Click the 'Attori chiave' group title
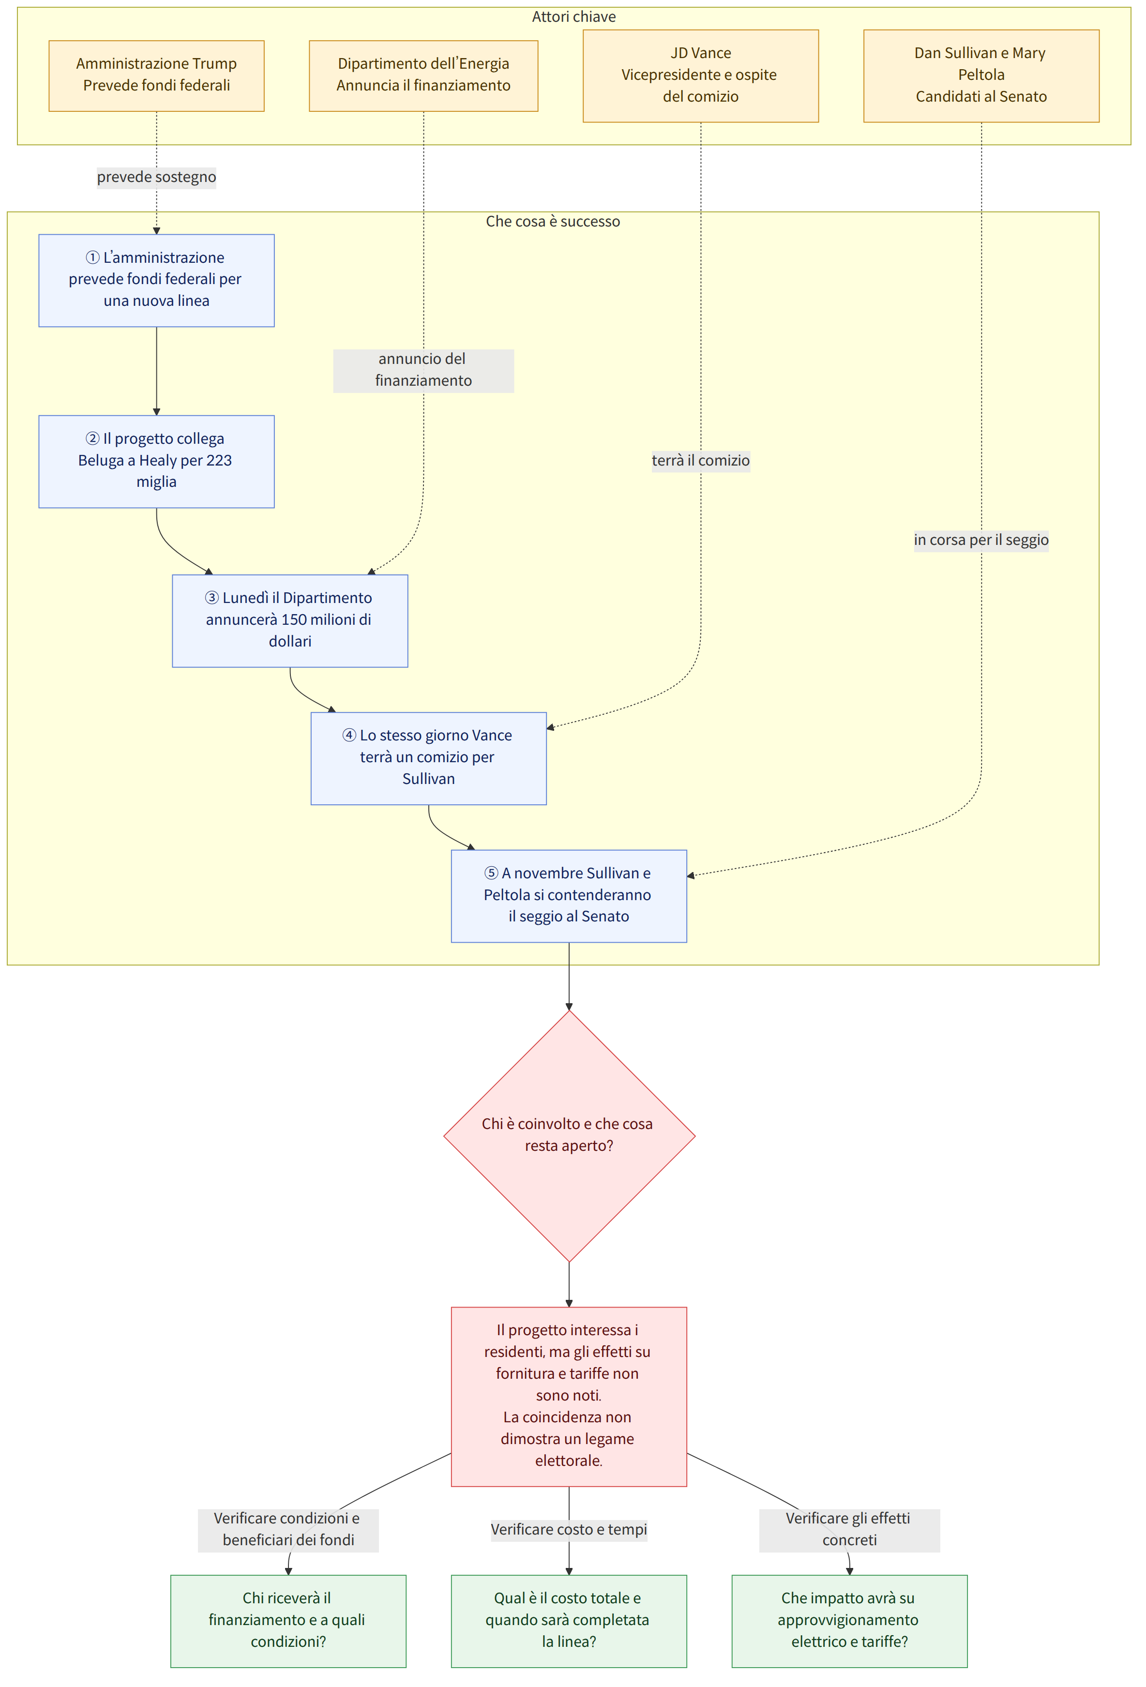click(x=573, y=16)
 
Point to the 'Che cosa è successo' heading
click(x=553, y=222)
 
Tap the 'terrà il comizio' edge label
click(x=700, y=460)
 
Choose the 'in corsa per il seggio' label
click(x=981, y=540)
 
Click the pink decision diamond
click(x=569, y=1136)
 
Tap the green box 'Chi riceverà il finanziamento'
click(x=288, y=1621)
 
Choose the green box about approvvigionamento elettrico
click(x=849, y=1621)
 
